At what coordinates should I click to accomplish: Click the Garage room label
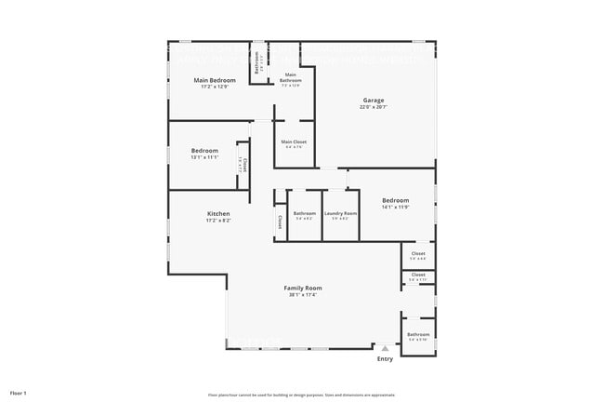pos(374,101)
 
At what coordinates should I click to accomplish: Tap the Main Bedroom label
pos(215,81)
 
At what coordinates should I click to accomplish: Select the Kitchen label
pos(218,214)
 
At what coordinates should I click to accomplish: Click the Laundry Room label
pos(340,214)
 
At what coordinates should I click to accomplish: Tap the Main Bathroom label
pos(291,77)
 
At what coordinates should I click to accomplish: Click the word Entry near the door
pos(385,358)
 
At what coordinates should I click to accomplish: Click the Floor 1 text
pos(19,394)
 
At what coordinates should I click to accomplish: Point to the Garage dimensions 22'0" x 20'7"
pos(374,108)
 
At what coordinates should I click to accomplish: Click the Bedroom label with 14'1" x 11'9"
pos(395,200)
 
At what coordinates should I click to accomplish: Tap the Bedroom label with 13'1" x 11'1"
pos(204,151)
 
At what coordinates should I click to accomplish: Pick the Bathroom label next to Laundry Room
pos(305,214)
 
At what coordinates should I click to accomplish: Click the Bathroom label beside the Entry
pos(418,334)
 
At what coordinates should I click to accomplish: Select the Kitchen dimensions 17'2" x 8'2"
pos(218,221)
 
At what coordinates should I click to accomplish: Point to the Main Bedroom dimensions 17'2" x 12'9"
pos(215,87)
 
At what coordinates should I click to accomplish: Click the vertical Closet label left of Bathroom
pos(280,222)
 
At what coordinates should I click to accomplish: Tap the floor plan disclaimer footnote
pos(301,395)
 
